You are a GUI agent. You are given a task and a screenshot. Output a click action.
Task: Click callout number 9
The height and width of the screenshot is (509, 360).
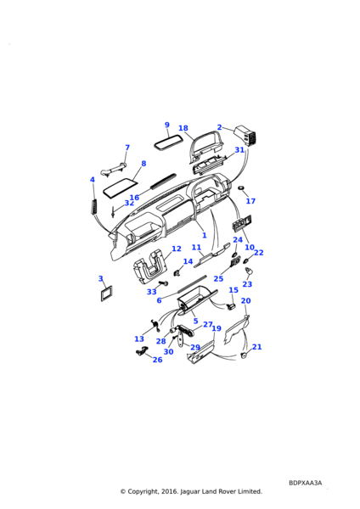click(x=167, y=125)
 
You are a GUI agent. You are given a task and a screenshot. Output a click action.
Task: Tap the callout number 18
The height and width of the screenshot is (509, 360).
click(x=183, y=128)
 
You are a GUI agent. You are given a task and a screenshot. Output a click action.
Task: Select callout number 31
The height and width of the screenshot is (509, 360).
click(x=239, y=150)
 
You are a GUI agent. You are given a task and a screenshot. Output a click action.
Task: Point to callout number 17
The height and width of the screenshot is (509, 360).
click(x=250, y=201)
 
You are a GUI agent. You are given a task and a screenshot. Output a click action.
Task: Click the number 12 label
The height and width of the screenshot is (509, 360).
click(x=177, y=249)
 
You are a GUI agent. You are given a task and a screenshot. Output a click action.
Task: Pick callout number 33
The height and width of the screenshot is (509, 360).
click(x=152, y=292)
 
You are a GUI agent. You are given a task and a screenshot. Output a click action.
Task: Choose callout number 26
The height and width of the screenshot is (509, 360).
click(x=157, y=360)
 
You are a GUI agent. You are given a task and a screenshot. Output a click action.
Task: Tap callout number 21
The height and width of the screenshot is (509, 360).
click(x=256, y=347)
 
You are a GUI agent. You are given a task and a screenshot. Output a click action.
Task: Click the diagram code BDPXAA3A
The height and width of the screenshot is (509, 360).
click(x=305, y=483)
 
